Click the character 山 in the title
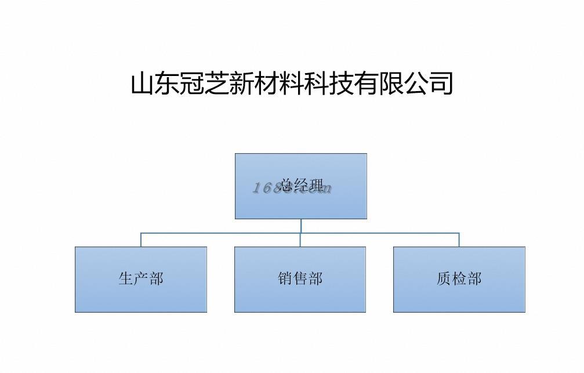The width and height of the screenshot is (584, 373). [143, 84]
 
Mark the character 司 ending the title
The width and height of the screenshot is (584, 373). [441, 84]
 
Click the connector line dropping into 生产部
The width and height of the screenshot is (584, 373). [141, 240]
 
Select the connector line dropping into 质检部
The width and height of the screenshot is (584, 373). [459, 240]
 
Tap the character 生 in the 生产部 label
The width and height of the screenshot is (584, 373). [126, 279]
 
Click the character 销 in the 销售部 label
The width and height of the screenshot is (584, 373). [285, 279]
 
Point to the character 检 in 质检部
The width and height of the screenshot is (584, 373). [459, 279]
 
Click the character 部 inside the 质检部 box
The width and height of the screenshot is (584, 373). [474, 279]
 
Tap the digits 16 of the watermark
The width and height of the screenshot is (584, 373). [260, 187]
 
